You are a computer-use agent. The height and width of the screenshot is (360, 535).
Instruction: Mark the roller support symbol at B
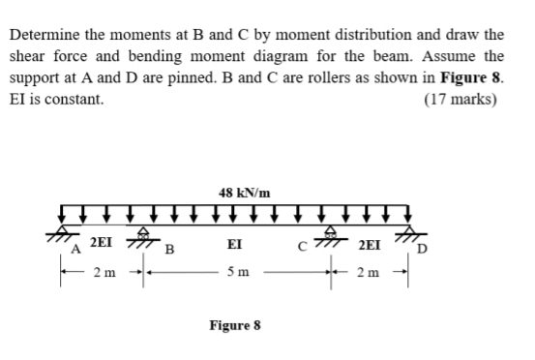pos(145,233)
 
